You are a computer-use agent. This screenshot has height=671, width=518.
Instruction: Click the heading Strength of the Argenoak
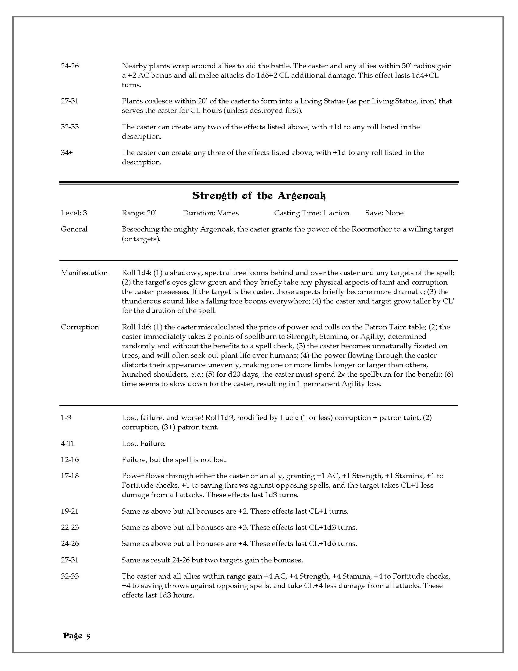coord(259,196)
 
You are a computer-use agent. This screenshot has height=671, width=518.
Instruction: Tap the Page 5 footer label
coord(77,636)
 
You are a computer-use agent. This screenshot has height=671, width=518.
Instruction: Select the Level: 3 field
coord(74,213)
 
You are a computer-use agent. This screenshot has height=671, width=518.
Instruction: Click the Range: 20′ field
coord(139,213)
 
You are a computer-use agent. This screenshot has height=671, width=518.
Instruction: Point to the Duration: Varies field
coord(211,213)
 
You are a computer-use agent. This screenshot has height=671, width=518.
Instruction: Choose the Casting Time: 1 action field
coord(311,213)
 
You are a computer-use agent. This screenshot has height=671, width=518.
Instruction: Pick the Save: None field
coord(384,213)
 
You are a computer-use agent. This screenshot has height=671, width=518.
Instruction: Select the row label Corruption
coord(80,327)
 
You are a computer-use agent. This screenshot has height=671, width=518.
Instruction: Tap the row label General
coord(74,229)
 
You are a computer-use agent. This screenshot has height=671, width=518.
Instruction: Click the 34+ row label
coord(67,153)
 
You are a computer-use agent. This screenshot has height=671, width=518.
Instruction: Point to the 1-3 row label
coord(66,418)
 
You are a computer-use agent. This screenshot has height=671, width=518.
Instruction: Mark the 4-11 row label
coord(68,443)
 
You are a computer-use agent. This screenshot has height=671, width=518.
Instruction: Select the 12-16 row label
coord(70,460)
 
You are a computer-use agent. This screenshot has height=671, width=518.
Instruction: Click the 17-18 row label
coord(70,476)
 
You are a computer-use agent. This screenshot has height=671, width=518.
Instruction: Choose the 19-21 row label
coord(70,511)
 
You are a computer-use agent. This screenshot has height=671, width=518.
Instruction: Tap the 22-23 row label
coord(70,528)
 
